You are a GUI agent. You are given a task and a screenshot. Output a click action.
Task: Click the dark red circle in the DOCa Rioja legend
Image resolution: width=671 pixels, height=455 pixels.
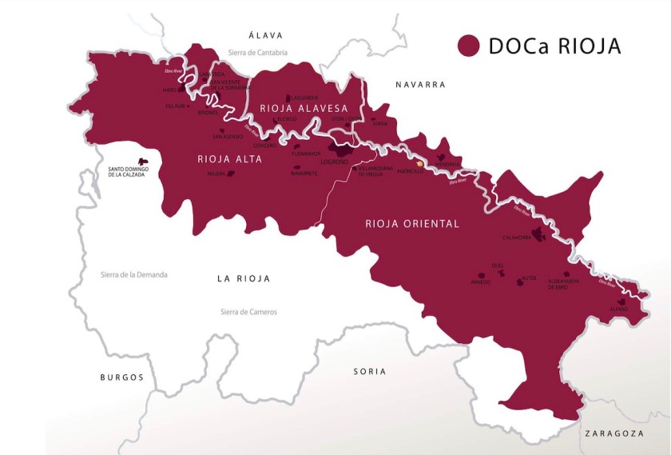(x=468, y=46)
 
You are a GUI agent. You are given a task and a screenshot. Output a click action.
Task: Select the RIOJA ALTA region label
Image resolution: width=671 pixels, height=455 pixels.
(x=229, y=159)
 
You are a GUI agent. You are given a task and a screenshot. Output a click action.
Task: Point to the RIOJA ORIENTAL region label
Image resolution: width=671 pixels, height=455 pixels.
(x=412, y=224)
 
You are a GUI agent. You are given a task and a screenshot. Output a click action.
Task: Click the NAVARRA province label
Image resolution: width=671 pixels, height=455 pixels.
(x=419, y=84)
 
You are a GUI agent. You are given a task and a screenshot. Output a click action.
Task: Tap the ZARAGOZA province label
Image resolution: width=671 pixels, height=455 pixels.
(x=613, y=433)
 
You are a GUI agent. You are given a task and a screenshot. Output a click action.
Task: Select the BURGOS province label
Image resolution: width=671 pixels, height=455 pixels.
(x=121, y=377)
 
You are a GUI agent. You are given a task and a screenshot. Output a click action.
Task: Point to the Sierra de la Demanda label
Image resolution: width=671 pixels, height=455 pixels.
(x=134, y=275)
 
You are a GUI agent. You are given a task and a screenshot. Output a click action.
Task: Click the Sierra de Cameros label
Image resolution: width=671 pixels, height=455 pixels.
(x=248, y=312)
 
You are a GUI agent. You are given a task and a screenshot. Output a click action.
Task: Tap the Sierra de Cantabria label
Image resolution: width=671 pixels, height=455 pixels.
(x=257, y=53)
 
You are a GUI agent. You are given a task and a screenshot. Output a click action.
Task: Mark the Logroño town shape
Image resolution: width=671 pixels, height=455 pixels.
(x=344, y=152)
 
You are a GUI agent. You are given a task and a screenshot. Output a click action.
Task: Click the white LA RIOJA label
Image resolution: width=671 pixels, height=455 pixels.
(x=244, y=279)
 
